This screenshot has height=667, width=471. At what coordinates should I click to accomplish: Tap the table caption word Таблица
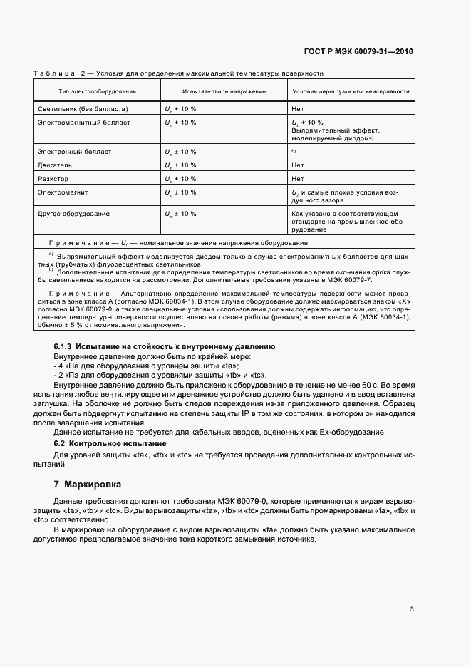click(x=55, y=73)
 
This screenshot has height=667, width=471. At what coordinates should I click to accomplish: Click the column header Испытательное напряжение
click(x=224, y=92)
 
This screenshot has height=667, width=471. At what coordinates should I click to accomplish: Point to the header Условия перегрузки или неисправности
click(x=351, y=92)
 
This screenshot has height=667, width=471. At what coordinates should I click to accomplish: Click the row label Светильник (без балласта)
click(x=83, y=109)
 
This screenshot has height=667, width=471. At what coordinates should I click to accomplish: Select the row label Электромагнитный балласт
click(x=83, y=123)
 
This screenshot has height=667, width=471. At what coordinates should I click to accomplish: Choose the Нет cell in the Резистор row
click(x=298, y=178)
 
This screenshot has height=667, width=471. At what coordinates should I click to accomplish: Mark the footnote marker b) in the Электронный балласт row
click(x=294, y=151)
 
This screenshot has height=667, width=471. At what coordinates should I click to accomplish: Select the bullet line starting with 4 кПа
click(x=107, y=365)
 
